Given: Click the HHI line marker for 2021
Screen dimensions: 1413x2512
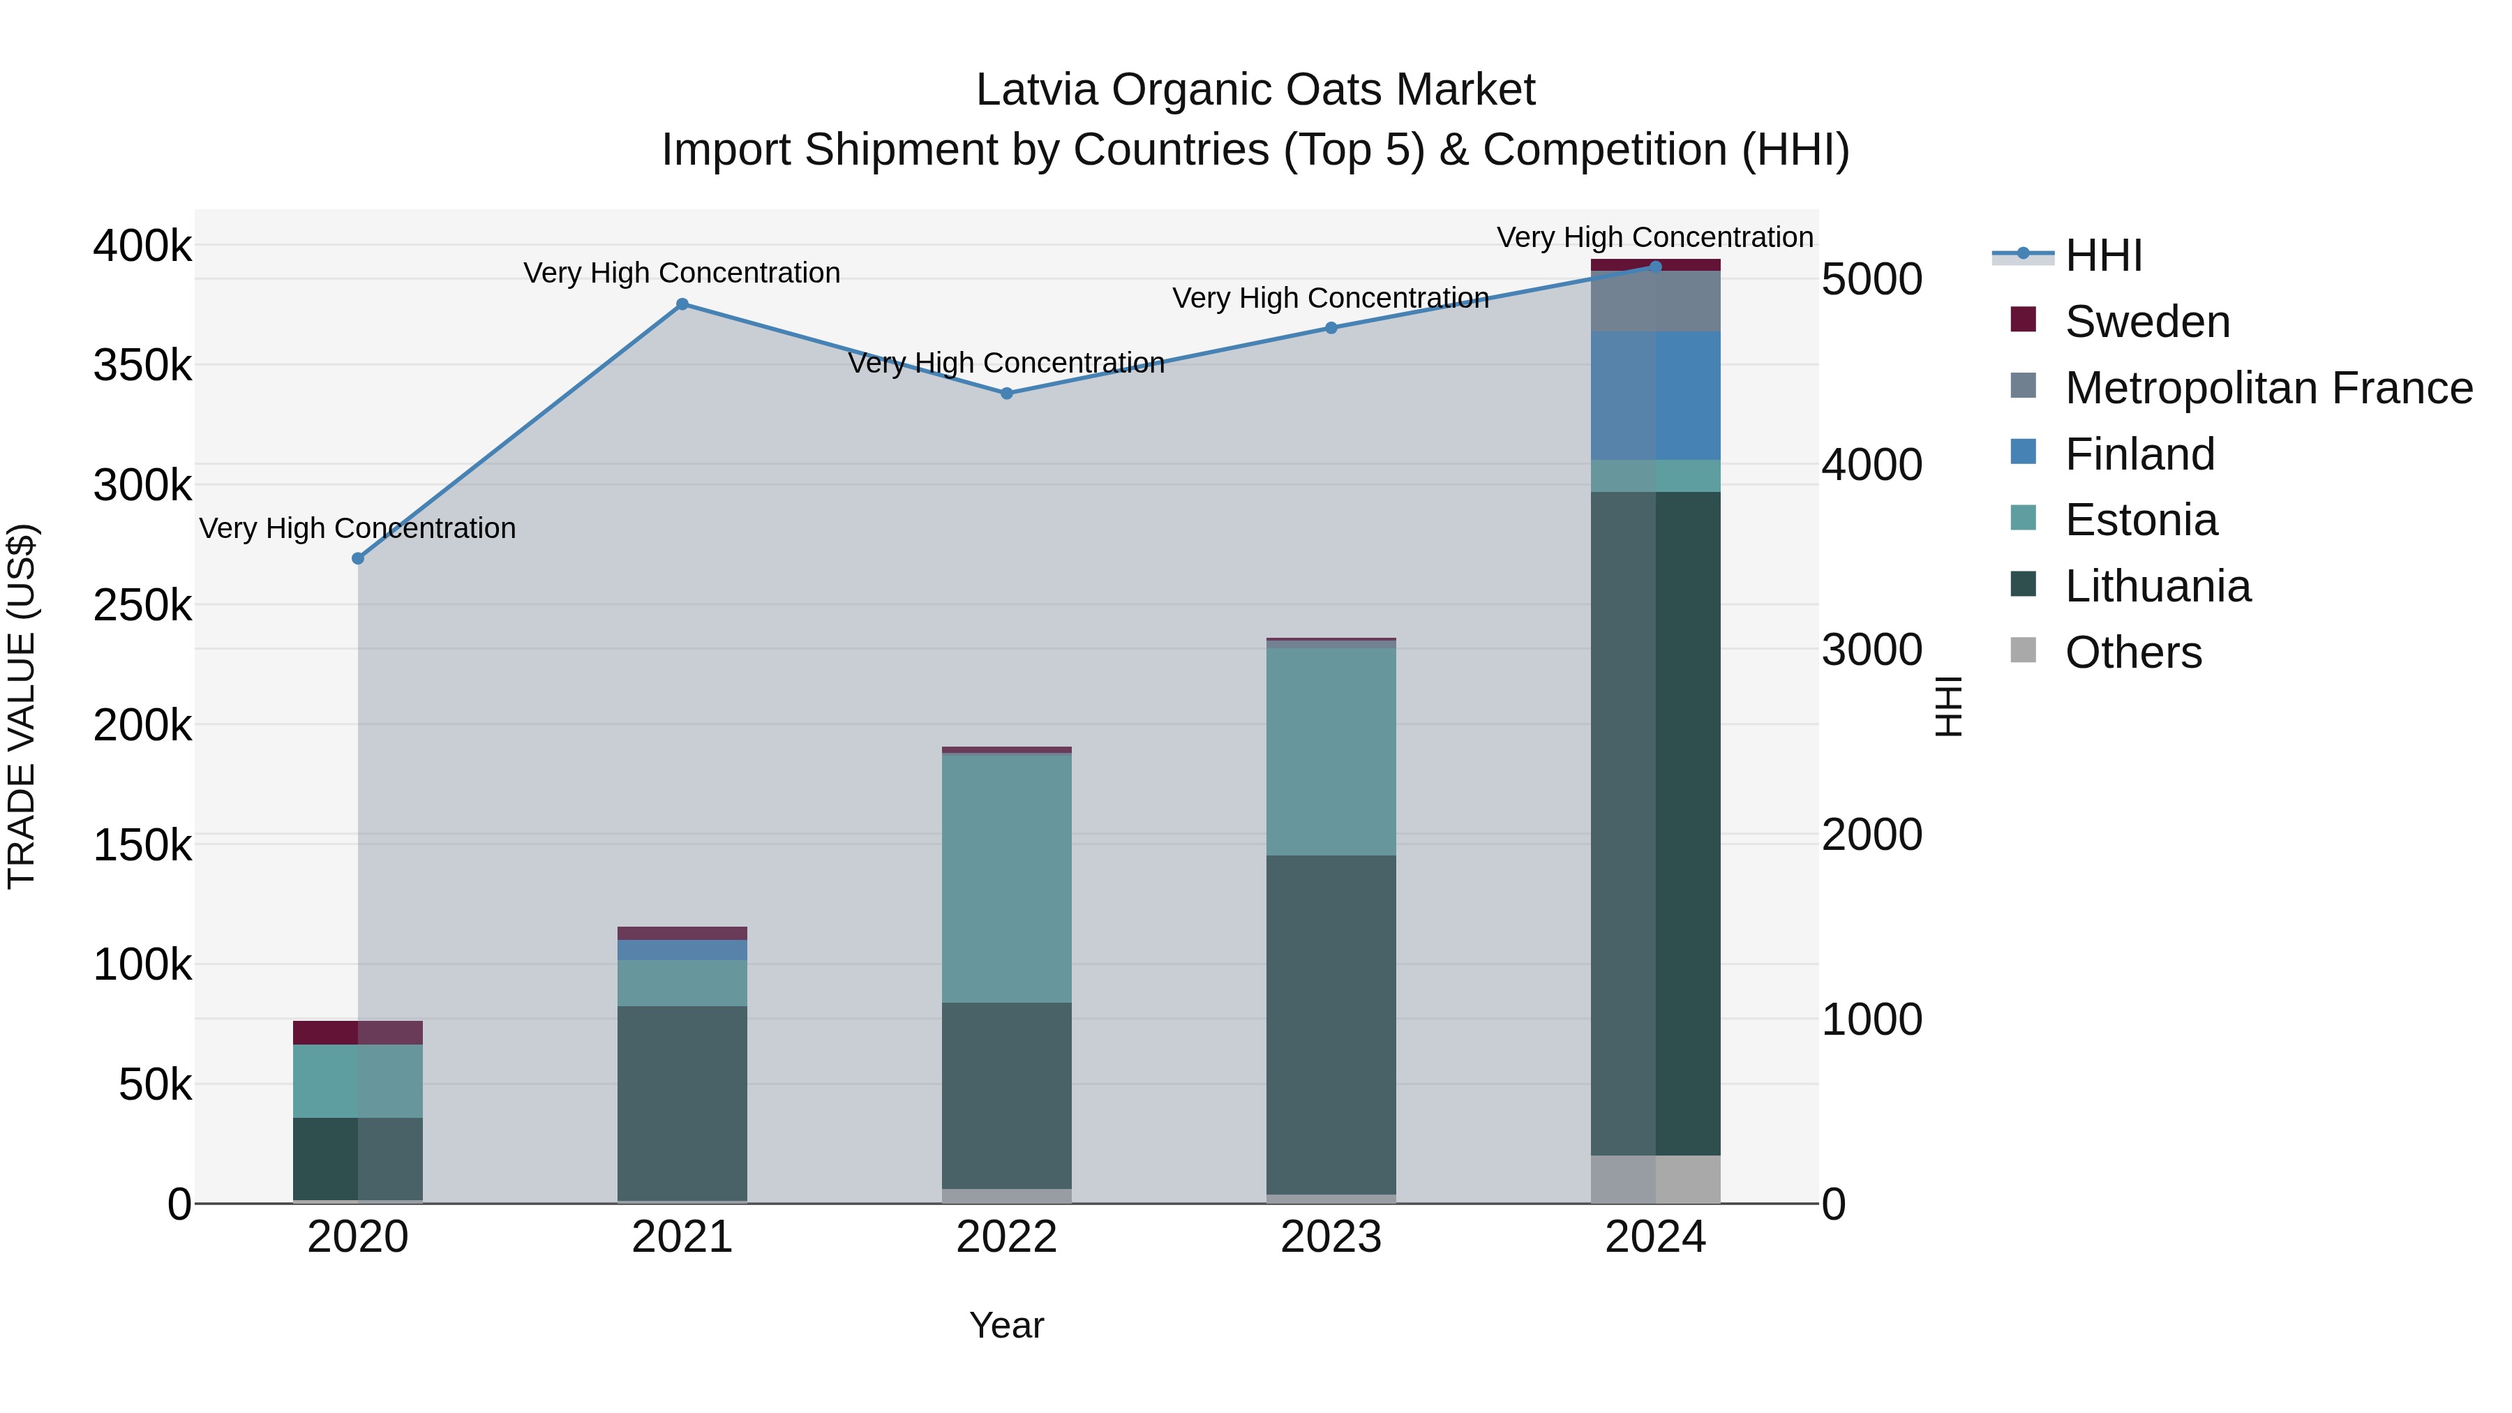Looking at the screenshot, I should coord(682,304).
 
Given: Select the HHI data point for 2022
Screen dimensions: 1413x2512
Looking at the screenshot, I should coord(1006,393).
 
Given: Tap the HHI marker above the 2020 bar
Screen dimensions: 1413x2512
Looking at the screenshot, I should coord(358,558).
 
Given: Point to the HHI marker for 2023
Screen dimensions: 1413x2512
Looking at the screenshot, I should coord(1331,328).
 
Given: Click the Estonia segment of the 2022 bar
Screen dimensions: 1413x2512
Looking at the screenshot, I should coord(1006,878).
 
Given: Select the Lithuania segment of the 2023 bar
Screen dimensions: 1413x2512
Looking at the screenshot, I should coord(1331,1024).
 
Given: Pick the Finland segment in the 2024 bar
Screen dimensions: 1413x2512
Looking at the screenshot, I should coord(1655,395).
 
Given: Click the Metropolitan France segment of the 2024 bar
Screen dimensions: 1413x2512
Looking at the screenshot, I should coord(1655,301).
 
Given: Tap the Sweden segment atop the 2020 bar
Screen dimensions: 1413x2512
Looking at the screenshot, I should coord(358,1032).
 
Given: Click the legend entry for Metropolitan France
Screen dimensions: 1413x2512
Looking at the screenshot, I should coord(2268,388).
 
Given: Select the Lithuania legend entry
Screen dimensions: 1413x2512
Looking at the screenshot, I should coord(2157,586).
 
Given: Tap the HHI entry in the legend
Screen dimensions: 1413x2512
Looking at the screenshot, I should coord(2102,255).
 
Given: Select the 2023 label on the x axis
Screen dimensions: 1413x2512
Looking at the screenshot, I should coord(1331,1237).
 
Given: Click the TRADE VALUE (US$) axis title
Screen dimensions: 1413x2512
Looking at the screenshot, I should coord(22,706).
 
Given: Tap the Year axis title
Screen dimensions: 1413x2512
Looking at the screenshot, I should coord(1006,1325).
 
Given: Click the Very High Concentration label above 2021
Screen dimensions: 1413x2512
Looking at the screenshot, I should coord(682,273).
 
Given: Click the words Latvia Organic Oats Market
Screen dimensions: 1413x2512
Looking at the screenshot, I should coord(1255,91).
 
